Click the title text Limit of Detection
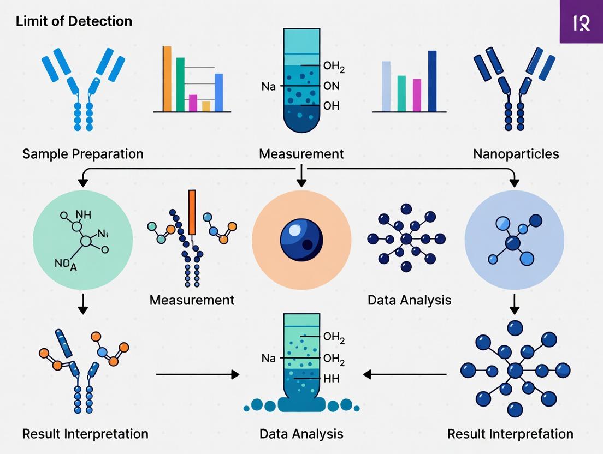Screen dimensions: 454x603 click(74, 22)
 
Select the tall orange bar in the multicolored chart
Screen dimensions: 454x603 click(167, 79)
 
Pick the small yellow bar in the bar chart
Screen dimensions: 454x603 click(206, 106)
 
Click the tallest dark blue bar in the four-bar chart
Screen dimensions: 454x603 click(432, 81)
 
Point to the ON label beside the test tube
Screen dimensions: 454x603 click(331, 86)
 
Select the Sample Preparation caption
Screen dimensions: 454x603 click(82, 154)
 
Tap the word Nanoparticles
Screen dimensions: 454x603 click(516, 154)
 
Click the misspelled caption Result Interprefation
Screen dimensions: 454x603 click(510, 434)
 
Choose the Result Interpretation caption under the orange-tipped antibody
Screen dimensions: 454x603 click(85, 434)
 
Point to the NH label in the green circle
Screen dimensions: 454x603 click(83, 214)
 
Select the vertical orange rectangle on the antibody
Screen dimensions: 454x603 click(192, 213)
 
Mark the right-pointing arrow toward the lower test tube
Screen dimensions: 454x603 click(198, 374)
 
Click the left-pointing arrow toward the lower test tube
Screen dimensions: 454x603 click(405, 374)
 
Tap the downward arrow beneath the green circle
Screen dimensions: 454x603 click(82, 303)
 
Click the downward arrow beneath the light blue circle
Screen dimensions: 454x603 click(514, 303)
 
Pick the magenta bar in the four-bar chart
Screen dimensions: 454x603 click(417, 95)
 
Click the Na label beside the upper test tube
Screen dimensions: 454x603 click(269, 86)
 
